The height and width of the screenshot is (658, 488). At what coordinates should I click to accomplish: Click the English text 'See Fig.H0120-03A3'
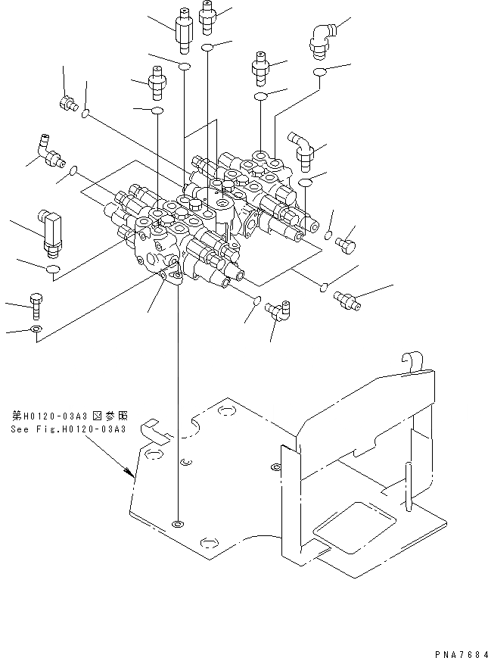coord(68,429)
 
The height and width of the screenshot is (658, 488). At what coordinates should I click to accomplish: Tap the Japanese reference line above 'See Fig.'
coord(69,416)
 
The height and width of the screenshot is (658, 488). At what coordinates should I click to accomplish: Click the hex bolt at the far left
coord(36,307)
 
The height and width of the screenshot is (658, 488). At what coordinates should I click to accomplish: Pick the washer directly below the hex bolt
coord(36,329)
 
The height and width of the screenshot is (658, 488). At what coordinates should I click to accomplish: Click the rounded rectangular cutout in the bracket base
coord(355,527)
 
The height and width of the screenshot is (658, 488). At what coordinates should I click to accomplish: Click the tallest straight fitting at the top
coord(183,30)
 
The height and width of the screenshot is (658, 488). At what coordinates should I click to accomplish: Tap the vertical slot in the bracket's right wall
coord(408,486)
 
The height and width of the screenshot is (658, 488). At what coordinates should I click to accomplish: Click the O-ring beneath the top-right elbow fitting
coord(320,72)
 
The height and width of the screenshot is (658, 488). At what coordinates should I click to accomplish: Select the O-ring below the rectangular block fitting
coord(53,269)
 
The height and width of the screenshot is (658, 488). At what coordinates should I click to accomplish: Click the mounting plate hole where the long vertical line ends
coord(177,523)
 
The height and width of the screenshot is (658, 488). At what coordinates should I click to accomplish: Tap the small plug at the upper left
coord(67,102)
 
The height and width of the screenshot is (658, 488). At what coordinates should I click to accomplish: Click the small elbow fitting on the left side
coord(49,152)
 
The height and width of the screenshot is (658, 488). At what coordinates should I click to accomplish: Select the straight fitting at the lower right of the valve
coord(347,301)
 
